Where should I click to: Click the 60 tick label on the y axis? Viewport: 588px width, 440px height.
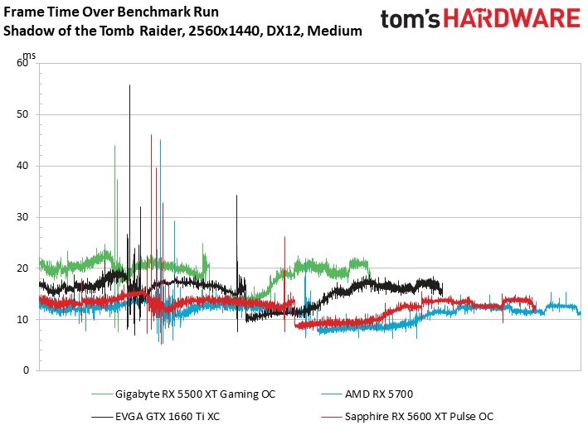tap(22, 63)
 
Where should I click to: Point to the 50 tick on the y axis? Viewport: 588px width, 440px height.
tap(22, 114)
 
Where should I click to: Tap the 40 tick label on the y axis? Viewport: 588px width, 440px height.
tap(22, 166)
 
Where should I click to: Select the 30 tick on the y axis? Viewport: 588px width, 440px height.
tap(22, 217)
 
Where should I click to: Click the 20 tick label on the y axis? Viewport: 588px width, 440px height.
tap(22, 268)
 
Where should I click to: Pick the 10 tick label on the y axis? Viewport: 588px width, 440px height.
tap(22, 319)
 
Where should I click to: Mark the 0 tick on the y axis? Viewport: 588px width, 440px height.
tap(26, 370)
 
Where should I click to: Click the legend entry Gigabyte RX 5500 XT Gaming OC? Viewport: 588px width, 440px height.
tap(195, 394)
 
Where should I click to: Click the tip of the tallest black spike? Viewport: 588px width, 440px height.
tap(129, 85)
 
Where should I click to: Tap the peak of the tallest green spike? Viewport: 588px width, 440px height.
tap(114, 146)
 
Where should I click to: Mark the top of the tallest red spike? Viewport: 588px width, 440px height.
tap(151, 135)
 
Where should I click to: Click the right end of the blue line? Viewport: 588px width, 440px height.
tap(579, 313)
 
